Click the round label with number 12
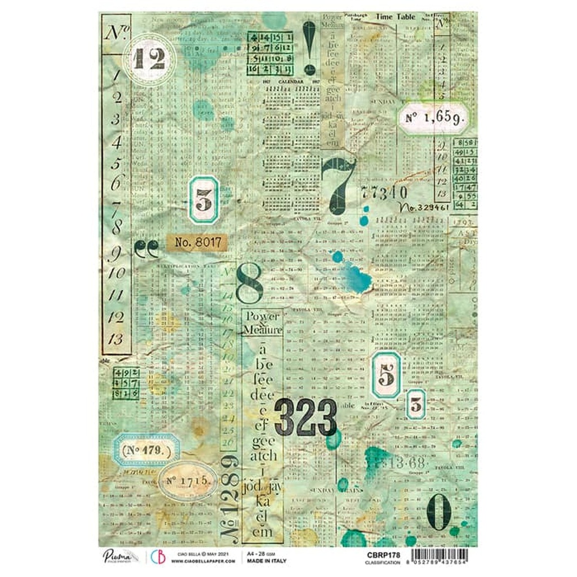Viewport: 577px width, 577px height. (x=149, y=59)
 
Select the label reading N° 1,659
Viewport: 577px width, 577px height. (x=434, y=118)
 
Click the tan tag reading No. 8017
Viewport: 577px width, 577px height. (x=197, y=243)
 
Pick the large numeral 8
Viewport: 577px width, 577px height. (x=249, y=285)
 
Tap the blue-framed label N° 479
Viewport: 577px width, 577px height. (x=147, y=450)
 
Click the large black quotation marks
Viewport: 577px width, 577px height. (x=147, y=248)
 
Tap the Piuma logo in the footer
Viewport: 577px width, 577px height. (x=120, y=556)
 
